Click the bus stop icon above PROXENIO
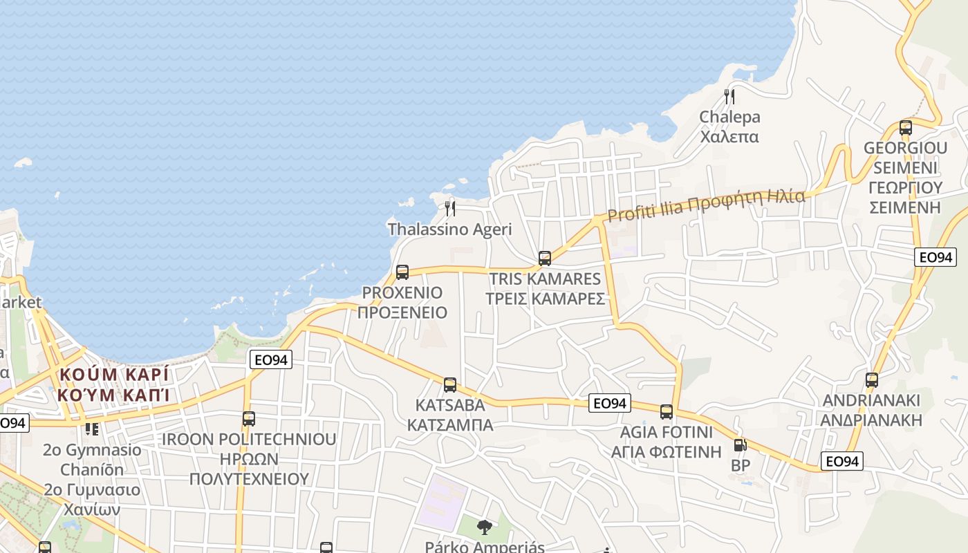pos(402,272)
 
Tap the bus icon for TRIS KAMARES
pos(545,259)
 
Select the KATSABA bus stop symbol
pos(450,385)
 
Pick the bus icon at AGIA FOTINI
pos(667,412)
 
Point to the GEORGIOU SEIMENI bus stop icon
pos(906,128)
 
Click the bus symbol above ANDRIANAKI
pos(872,379)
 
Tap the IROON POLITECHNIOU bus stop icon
pos(249,418)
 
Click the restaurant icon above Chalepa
pos(729,96)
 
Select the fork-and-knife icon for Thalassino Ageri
pos(450,207)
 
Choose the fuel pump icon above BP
pos(740,446)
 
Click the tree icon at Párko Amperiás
pos(485,527)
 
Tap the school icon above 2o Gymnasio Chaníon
pos(92,429)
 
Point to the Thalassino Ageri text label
pos(450,229)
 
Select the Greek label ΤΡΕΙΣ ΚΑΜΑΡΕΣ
pos(545,299)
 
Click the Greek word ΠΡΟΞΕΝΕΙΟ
pos(402,312)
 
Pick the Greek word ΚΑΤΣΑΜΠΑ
pos(450,424)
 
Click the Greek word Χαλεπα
pos(729,136)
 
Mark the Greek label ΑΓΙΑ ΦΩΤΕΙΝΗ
pos(667,452)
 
